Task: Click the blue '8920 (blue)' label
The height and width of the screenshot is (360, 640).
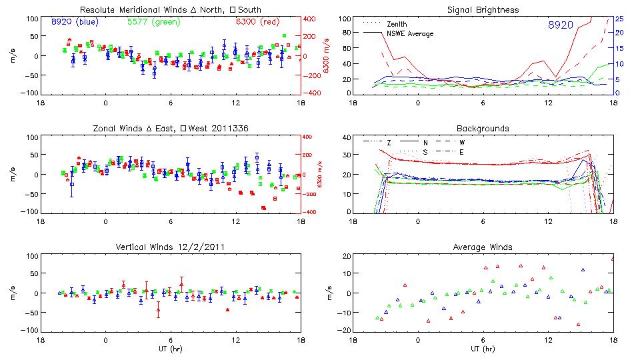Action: (75, 21)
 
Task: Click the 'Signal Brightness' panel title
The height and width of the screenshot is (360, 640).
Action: (482, 10)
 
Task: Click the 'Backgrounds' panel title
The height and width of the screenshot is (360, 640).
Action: (482, 128)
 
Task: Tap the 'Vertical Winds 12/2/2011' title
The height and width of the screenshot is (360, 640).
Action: (170, 247)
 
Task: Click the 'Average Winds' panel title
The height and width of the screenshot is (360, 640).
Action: (482, 247)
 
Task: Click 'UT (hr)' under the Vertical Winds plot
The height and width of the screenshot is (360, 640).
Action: (170, 349)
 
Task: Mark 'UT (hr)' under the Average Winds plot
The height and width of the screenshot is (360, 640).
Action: (482, 349)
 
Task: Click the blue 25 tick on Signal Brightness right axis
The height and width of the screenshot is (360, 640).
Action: (619, 19)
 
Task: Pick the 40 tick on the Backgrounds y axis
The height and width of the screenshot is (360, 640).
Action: (347, 137)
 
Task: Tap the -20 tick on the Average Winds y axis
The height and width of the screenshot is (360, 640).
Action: (345, 331)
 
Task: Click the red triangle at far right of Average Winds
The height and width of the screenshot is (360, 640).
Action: (613, 258)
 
